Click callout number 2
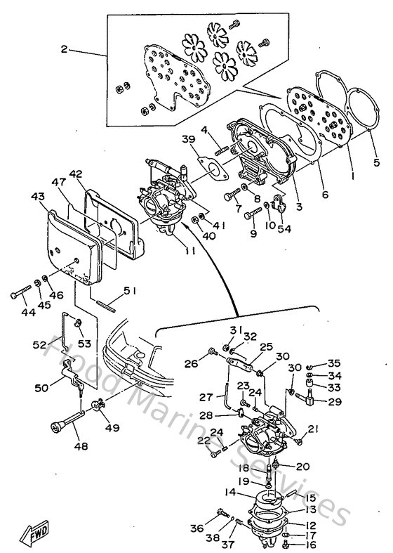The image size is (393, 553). (64, 50)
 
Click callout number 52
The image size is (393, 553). (40, 345)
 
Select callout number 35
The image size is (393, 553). (334, 363)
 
